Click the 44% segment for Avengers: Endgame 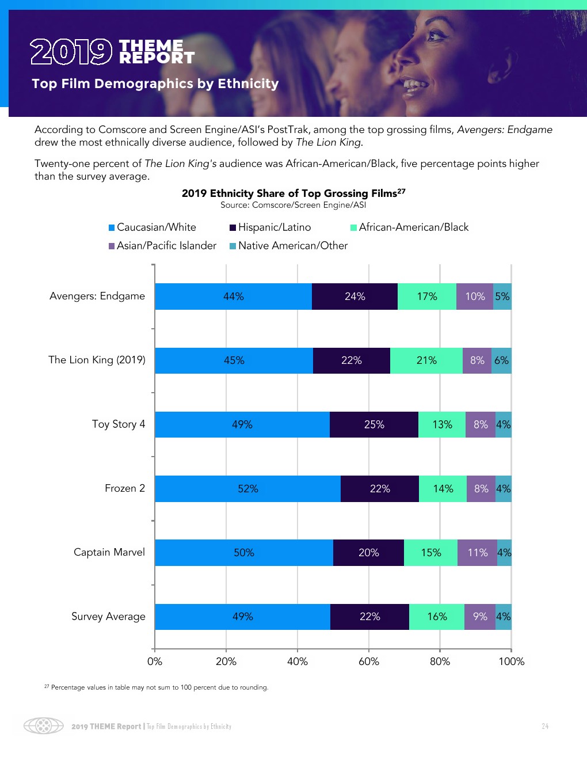[x=234, y=297]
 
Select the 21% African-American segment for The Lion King [x=426, y=360]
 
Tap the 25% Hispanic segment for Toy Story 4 [x=374, y=424]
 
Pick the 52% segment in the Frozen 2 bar [x=248, y=489]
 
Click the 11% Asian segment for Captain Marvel [x=478, y=553]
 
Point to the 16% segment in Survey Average [x=437, y=617]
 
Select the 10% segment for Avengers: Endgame [x=475, y=297]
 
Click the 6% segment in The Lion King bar [x=501, y=360]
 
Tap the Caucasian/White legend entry [x=153, y=227]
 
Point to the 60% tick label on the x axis [x=369, y=662]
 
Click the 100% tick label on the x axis [x=511, y=662]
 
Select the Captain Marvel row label [x=109, y=552]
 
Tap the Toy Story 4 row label [x=119, y=424]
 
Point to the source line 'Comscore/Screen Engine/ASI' [x=293, y=205]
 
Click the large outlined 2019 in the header [x=71, y=52]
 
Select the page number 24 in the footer [x=545, y=727]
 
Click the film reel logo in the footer [x=44, y=725]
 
